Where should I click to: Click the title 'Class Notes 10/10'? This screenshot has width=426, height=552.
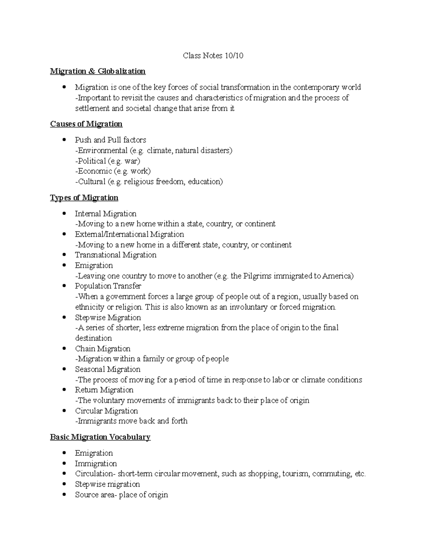point(213,55)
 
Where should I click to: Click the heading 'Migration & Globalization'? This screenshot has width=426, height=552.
point(98,71)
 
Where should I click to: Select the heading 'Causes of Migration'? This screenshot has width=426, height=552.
point(86,124)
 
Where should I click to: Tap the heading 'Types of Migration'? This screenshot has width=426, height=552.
point(84,198)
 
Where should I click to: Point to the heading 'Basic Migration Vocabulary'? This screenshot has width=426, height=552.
point(100,437)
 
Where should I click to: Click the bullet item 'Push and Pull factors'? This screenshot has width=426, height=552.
point(110,140)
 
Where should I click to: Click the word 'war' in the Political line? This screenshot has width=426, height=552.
point(132,161)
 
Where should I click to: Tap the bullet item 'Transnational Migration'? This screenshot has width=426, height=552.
point(115,255)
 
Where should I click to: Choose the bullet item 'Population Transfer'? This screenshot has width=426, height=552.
point(108,286)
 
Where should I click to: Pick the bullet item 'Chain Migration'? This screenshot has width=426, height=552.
point(103,348)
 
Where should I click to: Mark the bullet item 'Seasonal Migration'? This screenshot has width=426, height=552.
point(108,369)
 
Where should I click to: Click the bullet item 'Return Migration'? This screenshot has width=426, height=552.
point(104,390)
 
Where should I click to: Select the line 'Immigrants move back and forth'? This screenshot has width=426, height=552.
point(131,421)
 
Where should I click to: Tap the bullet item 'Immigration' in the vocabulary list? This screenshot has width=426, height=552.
point(95,463)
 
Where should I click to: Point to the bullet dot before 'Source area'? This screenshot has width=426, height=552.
point(64,494)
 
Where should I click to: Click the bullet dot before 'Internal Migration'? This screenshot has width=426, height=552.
point(64,213)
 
